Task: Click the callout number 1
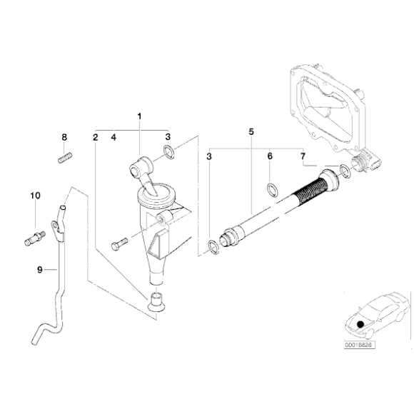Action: coord(140,116)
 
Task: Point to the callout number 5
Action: coord(251,132)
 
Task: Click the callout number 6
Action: coord(270,156)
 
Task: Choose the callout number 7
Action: coord(303,156)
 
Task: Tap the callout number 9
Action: coord(40,269)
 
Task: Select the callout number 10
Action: coord(35,195)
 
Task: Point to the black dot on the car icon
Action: coord(361,323)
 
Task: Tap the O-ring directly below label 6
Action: coord(272,189)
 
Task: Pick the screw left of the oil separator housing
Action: coord(118,243)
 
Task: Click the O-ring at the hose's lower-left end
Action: coord(213,247)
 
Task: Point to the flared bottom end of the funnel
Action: coord(156,303)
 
